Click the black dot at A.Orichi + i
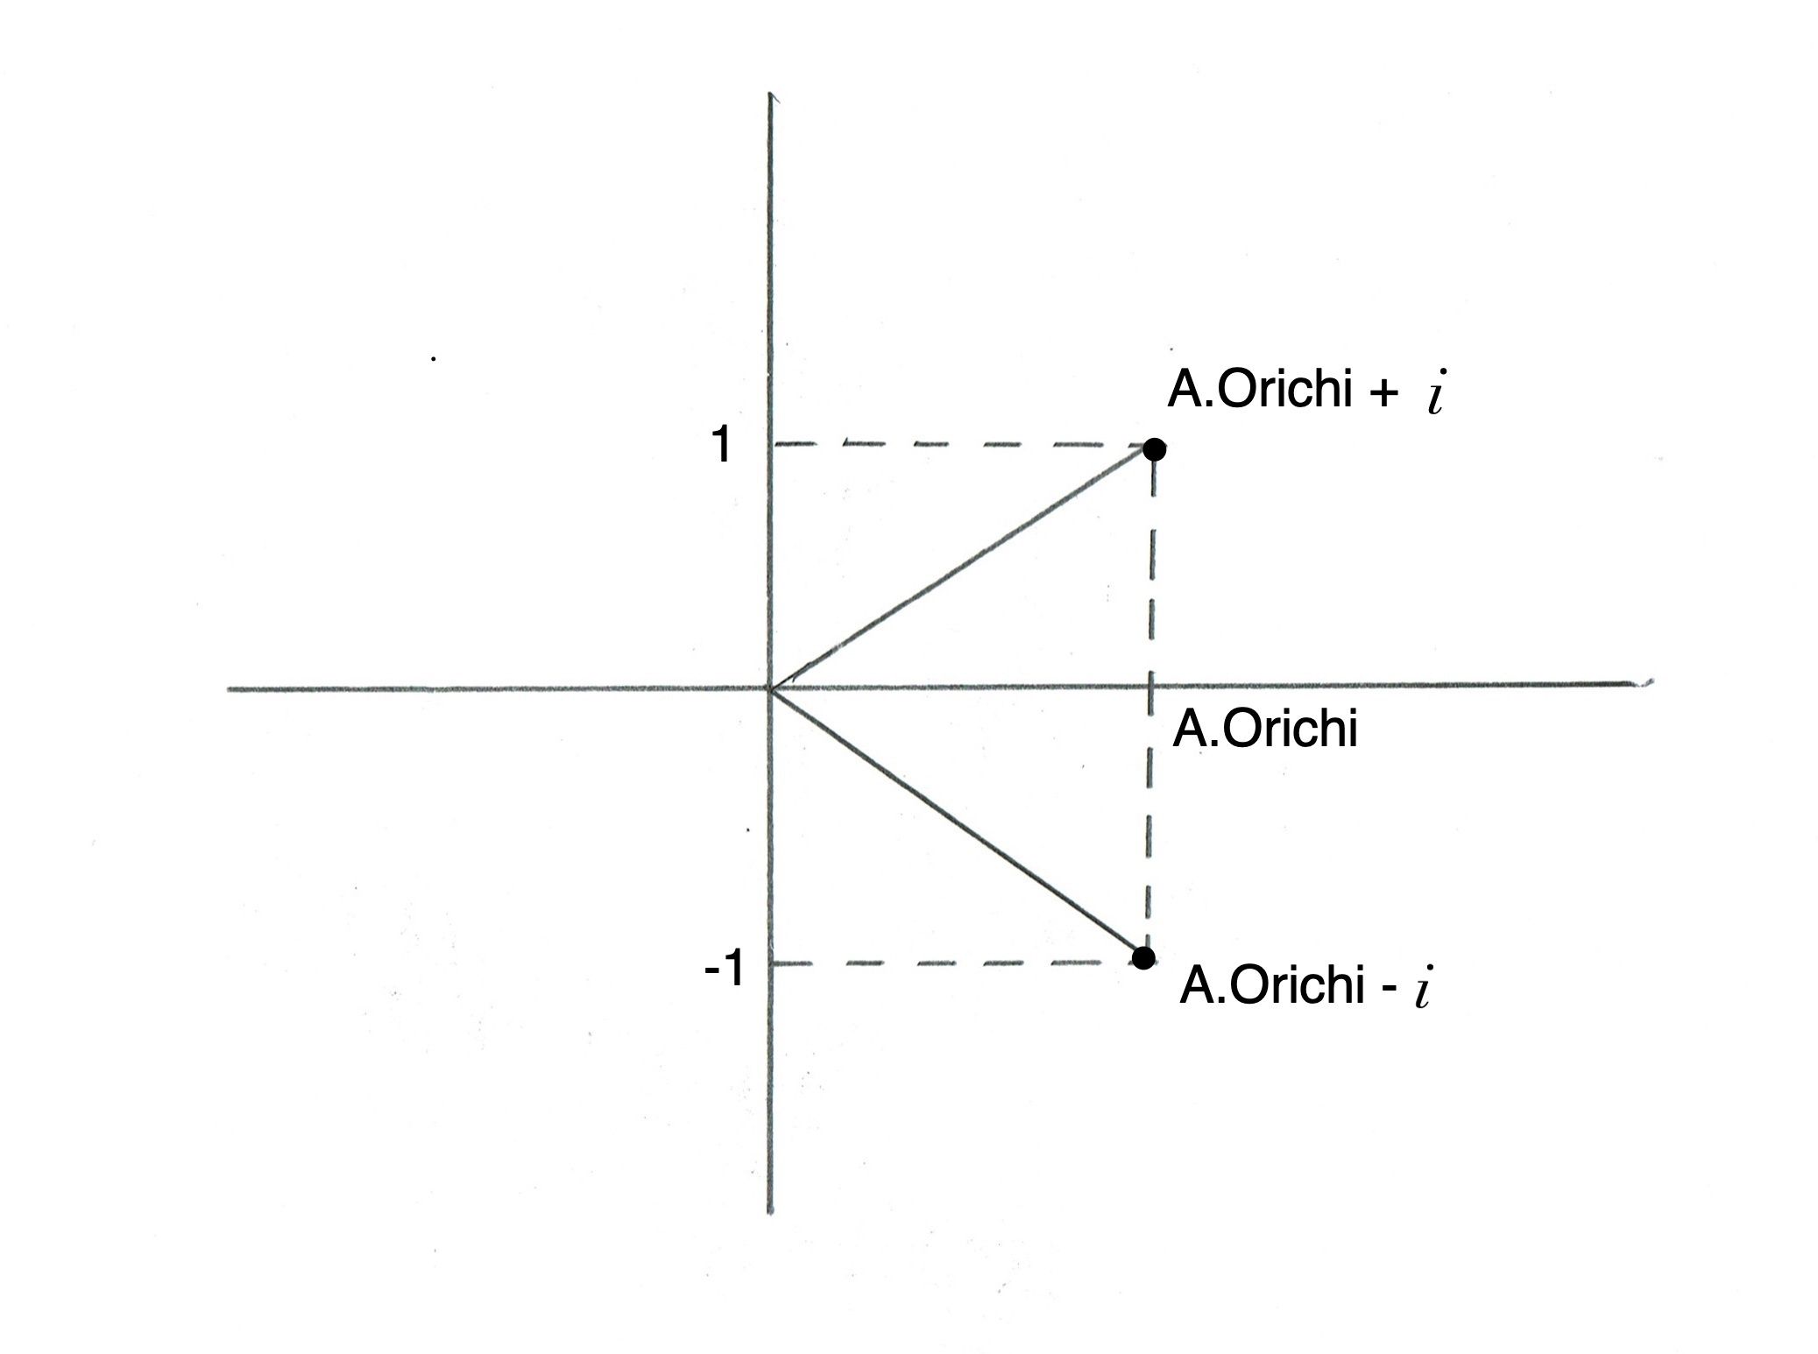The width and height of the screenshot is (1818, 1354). (1155, 449)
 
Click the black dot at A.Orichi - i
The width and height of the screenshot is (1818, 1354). (1142, 957)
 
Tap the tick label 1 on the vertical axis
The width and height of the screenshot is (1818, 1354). (721, 446)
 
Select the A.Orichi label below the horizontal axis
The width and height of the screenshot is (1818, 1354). (1264, 729)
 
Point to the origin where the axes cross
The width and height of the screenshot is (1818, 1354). (769, 689)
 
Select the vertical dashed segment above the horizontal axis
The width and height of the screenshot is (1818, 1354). (1151, 569)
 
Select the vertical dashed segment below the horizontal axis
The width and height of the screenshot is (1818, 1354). (1149, 823)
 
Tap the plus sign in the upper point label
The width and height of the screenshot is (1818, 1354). (1382, 393)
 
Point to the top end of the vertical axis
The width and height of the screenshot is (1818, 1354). (769, 95)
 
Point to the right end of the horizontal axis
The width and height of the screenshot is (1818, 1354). (1647, 682)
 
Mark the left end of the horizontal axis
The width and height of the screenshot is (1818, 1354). (230, 689)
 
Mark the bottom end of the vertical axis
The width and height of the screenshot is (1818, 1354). (770, 1212)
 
